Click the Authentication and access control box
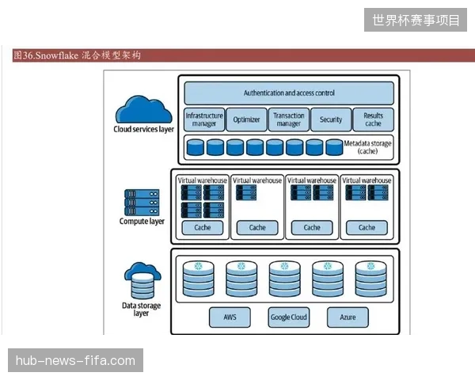pyautogui.click(x=289, y=93)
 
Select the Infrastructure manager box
pyautogui.click(x=204, y=120)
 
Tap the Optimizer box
pyautogui.click(x=246, y=120)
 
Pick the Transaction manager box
pyautogui.click(x=289, y=120)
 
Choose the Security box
pyautogui.click(x=331, y=120)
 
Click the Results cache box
pyautogui.click(x=374, y=120)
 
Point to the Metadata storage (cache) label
pyautogui.click(x=367, y=147)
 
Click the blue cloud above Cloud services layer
pyautogui.click(x=143, y=109)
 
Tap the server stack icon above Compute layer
pyautogui.click(x=142, y=203)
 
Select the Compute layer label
pyautogui.click(x=142, y=221)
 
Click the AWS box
pyautogui.click(x=230, y=317)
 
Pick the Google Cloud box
pyautogui.click(x=289, y=317)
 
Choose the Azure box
pyautogui.click(x=348, y=317)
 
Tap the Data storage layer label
pyautogui.click(x=141, y=309)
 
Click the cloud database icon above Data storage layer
pyautogui.click(x=142, y=280)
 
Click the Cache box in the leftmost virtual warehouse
pyautogui.click(x=203, y=227)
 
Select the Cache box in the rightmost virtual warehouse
pyautogui.click(x=367, y=227)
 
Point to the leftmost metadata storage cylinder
pyautogui.click(x=196, y=147)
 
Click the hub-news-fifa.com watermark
pyautogui.click(x=75, y=360)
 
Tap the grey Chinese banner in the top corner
pyautogui.click(x=416, y=20)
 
